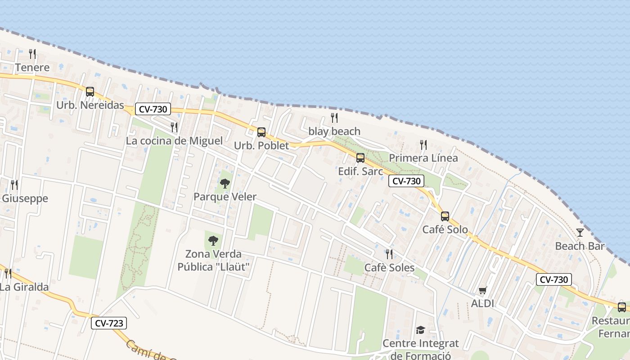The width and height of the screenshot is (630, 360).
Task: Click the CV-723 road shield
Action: coord(108,323)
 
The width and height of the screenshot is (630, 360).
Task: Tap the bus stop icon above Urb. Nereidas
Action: coord(90,92)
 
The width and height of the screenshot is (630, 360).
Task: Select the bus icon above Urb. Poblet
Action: coord(261,132)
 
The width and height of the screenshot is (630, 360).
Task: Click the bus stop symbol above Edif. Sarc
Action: coord(360,158)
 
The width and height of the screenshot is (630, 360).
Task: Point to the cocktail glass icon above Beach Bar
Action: coord(580,233)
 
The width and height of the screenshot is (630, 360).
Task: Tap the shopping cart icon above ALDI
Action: coord(483,290)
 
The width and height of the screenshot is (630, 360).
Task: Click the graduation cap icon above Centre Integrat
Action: coord(420,330)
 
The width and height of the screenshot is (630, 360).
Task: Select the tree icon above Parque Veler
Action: coord(225,183)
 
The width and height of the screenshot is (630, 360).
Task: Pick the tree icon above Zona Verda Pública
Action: coord(213,240)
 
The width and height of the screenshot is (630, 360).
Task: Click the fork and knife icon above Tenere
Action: coord(32,54)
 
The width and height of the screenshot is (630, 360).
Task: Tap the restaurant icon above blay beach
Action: coord(334,118)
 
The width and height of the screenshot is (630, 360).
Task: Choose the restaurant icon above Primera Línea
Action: coord(423,144)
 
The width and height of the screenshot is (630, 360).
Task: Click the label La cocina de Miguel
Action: coord(174,141)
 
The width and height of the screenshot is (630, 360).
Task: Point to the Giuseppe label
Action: coord(25,198)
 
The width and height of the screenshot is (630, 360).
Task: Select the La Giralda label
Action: coord(24,287)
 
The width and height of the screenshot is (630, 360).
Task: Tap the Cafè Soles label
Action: coord(389,268)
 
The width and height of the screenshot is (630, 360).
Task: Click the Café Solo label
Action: coord(445,230)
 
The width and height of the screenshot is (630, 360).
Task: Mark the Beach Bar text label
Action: coord(580,246)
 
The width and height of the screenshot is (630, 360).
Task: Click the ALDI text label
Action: coord(483,304)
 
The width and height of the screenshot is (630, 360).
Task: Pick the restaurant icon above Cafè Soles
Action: coord(389,254)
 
